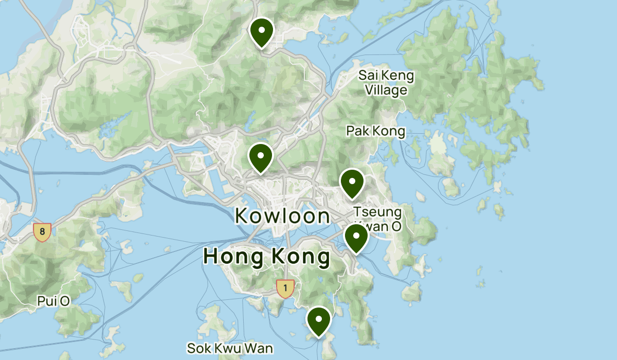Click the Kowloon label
point(282,216)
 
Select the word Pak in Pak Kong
point(357,131)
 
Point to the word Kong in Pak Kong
point(388,131)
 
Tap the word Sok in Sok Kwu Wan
point(199,348)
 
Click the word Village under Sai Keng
point(386,90)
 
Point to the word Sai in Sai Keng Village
point(369,76)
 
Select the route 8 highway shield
point(42,232)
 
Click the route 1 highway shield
point(285,288)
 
